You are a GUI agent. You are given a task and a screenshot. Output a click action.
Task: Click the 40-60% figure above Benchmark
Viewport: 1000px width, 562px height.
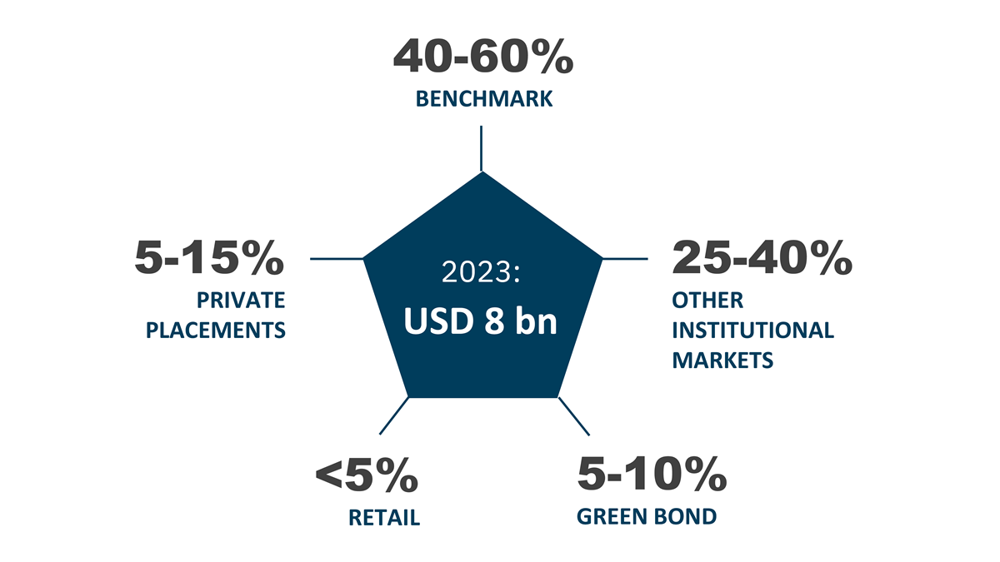coord(483,57)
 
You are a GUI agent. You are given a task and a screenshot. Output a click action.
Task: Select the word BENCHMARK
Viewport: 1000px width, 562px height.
coord(484,99)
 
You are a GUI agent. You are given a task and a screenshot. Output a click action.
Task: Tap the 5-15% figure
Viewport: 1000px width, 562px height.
coord(209,257)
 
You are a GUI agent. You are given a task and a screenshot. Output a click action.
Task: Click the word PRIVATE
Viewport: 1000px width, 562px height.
coord(241,301)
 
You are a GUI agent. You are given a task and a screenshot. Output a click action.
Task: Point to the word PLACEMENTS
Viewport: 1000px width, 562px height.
coord(216,331)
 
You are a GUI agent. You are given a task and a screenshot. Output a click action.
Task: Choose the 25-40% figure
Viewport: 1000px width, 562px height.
coord(762,257)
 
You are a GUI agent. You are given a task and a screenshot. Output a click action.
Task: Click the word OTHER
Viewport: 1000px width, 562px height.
coord(707,301)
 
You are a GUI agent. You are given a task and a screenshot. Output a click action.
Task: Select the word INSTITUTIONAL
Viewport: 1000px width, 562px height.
coord(753,331)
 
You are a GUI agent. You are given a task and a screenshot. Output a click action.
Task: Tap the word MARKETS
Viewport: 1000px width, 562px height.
coord(722,361)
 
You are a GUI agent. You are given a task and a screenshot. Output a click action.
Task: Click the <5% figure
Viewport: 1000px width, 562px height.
coord(367,475)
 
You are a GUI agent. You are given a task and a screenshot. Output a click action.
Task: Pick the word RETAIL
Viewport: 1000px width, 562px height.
coord(384,518)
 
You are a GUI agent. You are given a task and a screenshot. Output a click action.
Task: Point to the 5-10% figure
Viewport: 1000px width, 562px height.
coord(652,474)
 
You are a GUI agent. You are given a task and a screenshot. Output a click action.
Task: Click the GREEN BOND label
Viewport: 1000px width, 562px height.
coord(647,516)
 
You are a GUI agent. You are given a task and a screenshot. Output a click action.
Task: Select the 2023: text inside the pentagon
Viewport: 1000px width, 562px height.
coord(481,272)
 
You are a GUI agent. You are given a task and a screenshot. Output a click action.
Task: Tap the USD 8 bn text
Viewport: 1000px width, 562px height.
coord(480,321)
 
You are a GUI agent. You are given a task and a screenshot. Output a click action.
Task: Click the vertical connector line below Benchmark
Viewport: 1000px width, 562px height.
coord(482,148)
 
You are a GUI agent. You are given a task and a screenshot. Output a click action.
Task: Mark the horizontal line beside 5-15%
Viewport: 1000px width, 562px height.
coord(337,259)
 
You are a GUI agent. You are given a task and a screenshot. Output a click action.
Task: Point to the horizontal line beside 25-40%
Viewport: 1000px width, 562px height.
coord(625,259)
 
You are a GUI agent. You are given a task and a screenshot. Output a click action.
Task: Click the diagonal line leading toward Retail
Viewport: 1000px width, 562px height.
coord(393,415)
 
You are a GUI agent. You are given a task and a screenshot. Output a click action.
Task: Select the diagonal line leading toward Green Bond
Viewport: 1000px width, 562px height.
coord(574,416)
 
